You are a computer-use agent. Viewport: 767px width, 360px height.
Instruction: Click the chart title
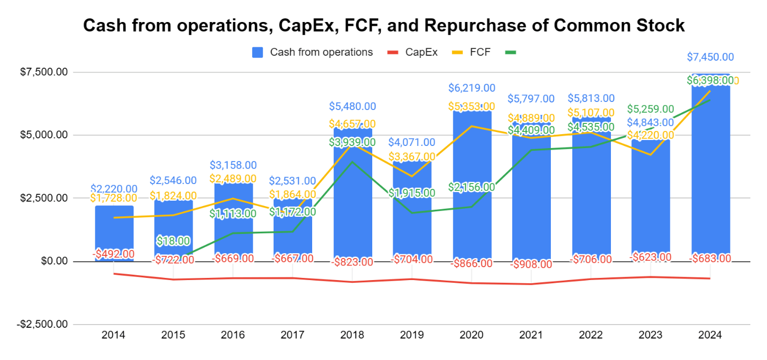(x=383, y=25)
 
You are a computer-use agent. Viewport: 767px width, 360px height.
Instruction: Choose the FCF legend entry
(x=478, y=52)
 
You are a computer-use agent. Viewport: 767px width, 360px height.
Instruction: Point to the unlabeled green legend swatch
(x=510, y=52)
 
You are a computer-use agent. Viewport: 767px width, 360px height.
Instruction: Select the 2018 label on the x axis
(x=352, y=335)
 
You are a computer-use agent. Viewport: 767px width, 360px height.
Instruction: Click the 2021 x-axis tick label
(x=532, y=335)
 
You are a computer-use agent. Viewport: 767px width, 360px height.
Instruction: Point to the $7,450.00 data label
(x=711, y=57)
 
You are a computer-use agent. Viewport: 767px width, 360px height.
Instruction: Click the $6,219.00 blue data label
(x=472, y=88)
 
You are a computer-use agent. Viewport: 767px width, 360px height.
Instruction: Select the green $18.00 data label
(x=173, y=241)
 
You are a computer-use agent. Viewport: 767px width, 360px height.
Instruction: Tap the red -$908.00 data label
(x=532, y=264)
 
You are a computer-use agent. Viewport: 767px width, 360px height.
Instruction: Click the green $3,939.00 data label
(x=352, y=142)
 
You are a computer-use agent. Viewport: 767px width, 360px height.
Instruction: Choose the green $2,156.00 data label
(x=472, y=187)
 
